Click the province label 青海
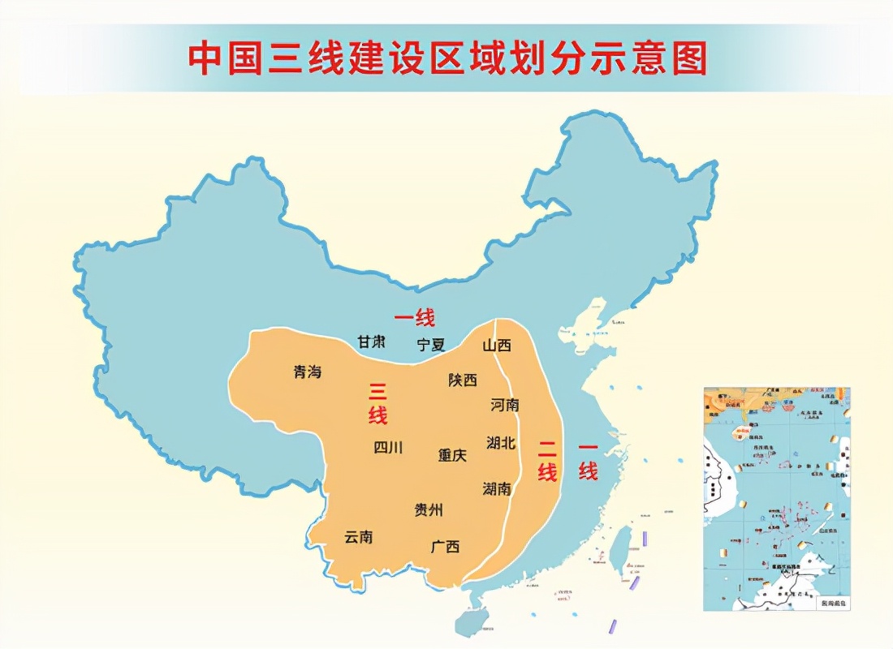pos(308,372)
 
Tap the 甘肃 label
pos(371,342)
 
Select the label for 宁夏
pos(431,344)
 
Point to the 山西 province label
pos(497,345)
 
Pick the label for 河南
pos(505,404)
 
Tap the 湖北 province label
pos(501,442)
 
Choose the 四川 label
pos(388,447)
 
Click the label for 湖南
pos(497,488)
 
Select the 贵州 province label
pos(429,509)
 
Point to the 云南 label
pos(359,536)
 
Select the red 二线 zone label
pos(547,459)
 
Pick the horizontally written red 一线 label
pos(415,317)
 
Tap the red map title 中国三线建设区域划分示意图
pos(447,58)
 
